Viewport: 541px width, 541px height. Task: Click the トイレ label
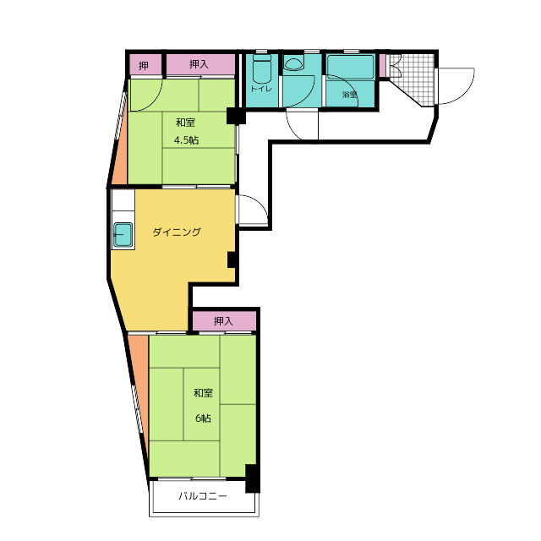[261, 89]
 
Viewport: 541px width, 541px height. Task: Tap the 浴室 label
[349, 94]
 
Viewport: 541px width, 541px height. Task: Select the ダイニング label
[177, 232]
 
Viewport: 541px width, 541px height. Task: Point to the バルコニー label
[203, 496]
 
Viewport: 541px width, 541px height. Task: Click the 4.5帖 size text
[186, 140]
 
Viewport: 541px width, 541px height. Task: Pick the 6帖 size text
[203, 418]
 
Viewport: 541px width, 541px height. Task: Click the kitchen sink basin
[123, 235]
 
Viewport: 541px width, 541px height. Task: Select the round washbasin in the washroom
[293, 63]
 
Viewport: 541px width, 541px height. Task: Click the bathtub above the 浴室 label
[350, 67]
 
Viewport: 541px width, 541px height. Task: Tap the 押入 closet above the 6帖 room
[224, 321]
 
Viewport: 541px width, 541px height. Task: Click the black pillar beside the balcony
[252, 478]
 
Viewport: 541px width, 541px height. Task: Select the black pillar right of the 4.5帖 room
[236, 116]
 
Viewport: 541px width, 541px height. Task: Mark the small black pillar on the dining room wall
[232, 260]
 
